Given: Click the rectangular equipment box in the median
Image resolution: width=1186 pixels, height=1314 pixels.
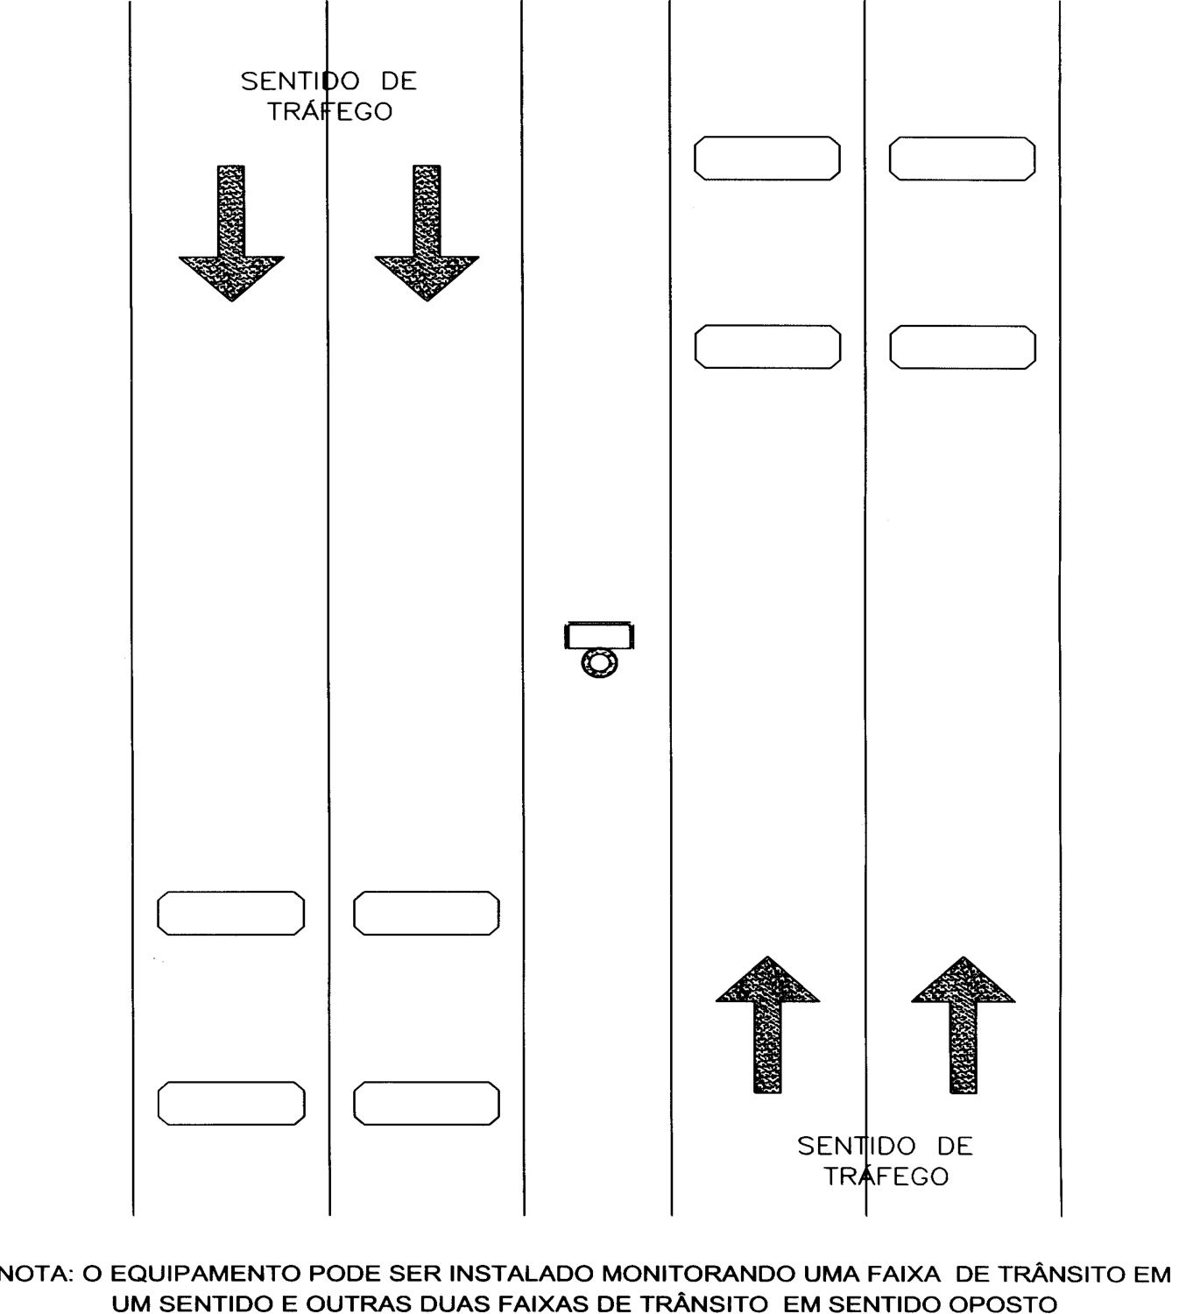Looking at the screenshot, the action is (599, 635).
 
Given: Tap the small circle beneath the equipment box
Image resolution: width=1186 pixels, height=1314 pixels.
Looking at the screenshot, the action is (599, 663).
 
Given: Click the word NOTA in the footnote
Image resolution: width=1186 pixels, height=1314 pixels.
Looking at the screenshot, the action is (38, 1274).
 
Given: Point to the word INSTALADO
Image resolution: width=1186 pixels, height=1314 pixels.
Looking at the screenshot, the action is (521, 1274).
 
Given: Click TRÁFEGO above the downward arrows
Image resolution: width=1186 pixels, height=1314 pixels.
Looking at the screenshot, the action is (329, 111).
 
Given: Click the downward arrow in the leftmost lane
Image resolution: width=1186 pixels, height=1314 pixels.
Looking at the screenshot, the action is (231, 233).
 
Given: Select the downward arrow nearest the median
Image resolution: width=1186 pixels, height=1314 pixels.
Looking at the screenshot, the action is (427, 233).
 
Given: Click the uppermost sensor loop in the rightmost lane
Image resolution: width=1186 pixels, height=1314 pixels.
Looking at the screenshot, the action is (962, 159).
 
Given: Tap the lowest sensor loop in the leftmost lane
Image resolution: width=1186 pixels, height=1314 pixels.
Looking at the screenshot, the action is (231, 1103).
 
